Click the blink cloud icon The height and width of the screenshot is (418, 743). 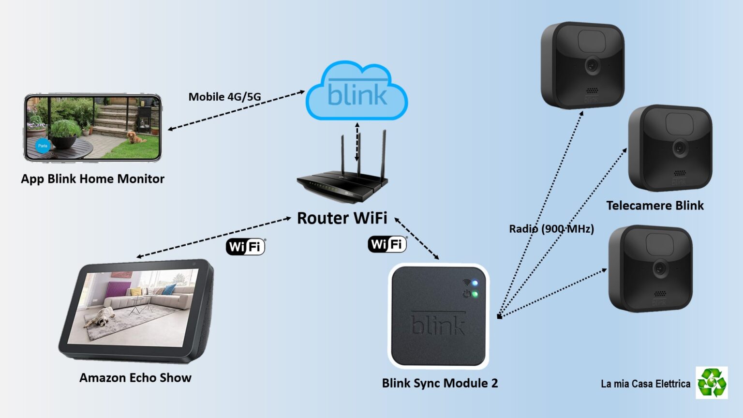click(x=357, y=92)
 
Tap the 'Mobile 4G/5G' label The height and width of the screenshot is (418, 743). click(x=224, y=97)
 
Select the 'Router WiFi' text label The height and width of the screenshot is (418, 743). click(x=342, y=218)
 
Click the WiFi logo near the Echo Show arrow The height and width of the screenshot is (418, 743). click(x=246, y=247)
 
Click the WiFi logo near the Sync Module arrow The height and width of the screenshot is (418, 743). click(x=387, y=244)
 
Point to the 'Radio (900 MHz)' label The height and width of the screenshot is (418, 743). click(x=551, y=229)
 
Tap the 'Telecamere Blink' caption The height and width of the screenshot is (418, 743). click(x=655, y=206)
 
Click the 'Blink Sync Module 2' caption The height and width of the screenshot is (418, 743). click(x=440, y=383)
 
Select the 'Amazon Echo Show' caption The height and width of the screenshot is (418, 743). click(x=135, y=378)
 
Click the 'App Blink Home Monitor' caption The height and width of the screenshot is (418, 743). click(x=92, y=179)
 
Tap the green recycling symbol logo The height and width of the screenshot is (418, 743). click(x=712, y=383)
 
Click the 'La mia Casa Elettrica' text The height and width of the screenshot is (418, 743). click(x=645, y=384)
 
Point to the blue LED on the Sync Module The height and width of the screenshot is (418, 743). click(x=475, y=283)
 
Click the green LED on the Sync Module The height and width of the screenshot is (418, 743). click(x=475, y=294)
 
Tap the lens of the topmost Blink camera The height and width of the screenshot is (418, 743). click(x=592, y=65)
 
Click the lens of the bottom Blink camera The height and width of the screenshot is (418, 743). click(x=660, y=268)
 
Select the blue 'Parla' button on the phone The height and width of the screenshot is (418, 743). click(x=43, y=146)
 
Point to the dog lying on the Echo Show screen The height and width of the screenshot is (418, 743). click(x=101, y=317)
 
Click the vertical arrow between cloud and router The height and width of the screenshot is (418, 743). click(x=357, y=142)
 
